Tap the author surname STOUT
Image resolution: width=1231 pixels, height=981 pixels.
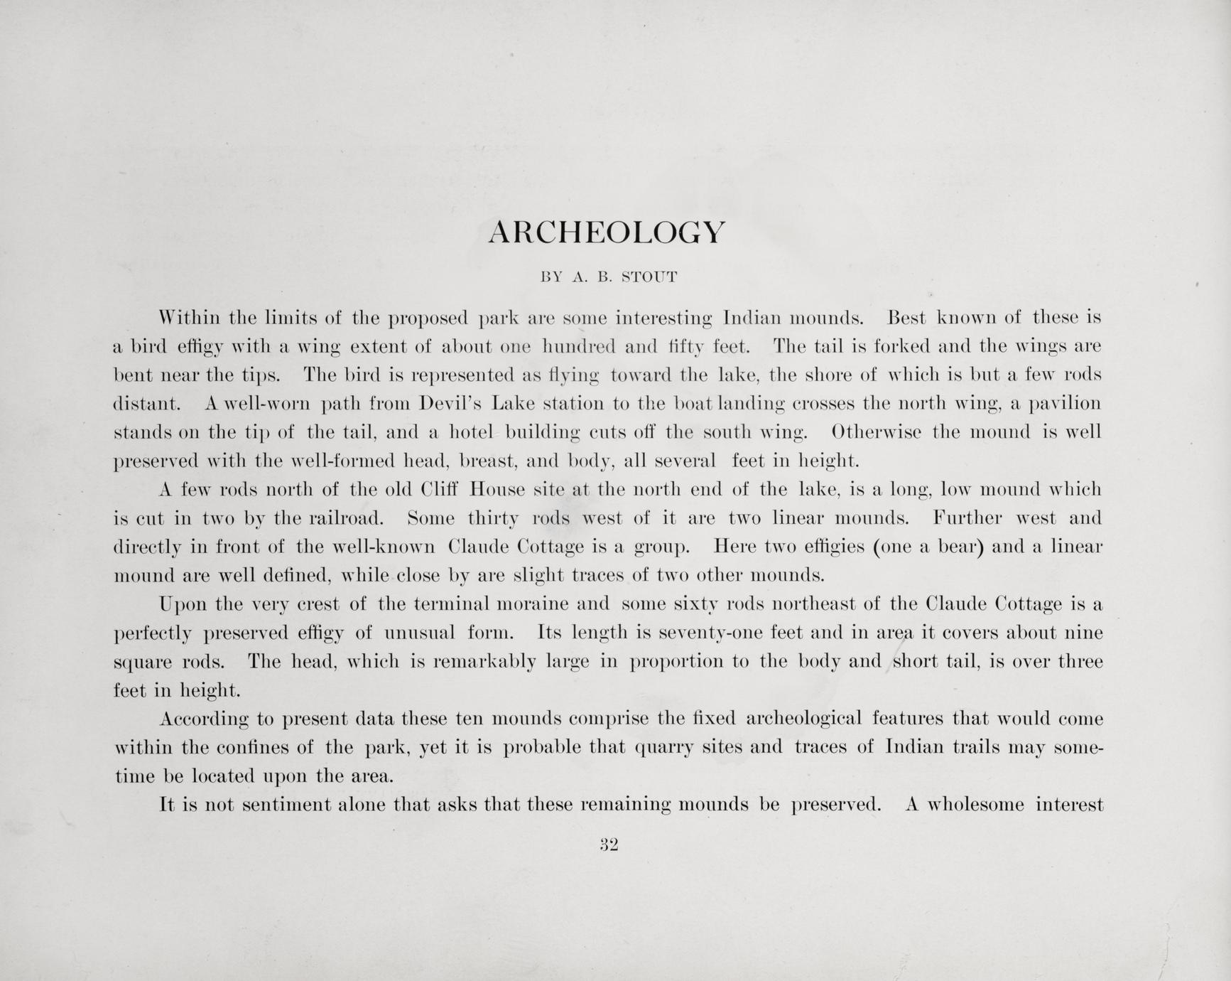click(649, 277)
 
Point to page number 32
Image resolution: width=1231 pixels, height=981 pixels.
click(609, 845)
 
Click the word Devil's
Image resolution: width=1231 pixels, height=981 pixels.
click(450, 404)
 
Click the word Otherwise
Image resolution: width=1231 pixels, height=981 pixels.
click(877, 432)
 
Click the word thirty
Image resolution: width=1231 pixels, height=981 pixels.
click(494, 519)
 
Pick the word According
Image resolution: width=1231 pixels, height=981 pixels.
click(204, 719)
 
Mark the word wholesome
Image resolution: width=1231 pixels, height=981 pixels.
click(977, 805)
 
